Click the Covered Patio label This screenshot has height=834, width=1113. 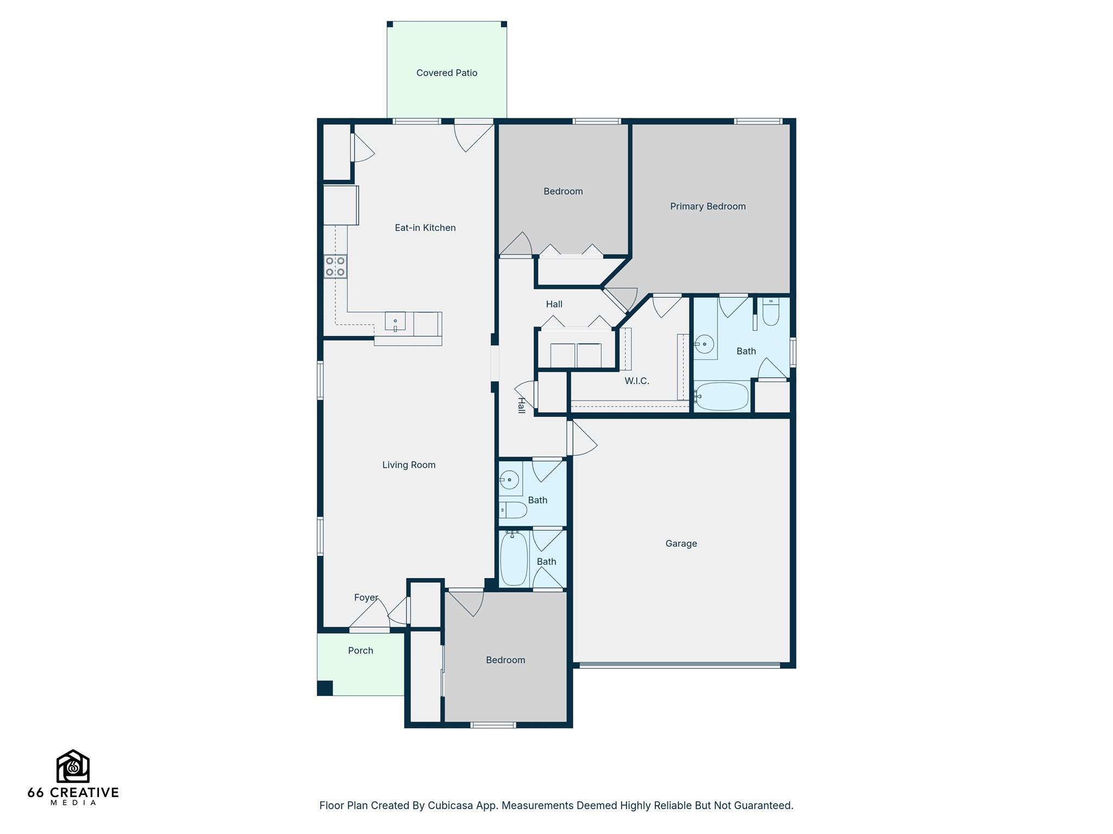[x=447, y=73]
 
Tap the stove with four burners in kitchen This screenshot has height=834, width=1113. [x=335, y=267]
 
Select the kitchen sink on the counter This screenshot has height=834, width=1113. [x=395, y=321]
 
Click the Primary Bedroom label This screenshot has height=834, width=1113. [x=708, y=206]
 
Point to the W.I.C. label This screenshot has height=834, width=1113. [x=636, y=381]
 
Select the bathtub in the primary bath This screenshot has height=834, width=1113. [x=722, y=396]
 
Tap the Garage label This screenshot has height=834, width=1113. [x=681, y=544]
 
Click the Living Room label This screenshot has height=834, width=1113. [x=409, y=465]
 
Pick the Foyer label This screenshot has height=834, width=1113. [x=366, y=597]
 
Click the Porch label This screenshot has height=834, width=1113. [x=360, y=650]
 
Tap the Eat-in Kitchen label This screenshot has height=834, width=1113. [x=425, y=228]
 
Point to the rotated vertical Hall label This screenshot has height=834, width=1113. [x=521, y=406]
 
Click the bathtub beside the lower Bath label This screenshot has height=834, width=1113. [x=514, y=559]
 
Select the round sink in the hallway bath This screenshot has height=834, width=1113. [x=509, y=479]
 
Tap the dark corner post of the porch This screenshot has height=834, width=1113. [x=325, y=688]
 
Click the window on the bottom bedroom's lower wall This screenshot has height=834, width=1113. [x=493, y=725]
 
